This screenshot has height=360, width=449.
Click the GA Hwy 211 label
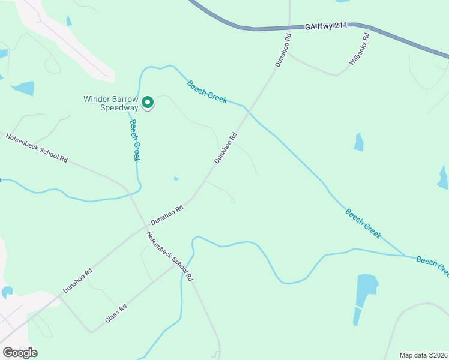point(326,26)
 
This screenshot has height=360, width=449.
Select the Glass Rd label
point(116,313)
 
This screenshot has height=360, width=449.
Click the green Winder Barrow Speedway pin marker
point(147,103)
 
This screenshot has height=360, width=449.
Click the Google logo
point(20,352)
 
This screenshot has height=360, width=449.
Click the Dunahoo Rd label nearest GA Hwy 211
point(283,49)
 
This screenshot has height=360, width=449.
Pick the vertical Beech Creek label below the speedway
point(135,140)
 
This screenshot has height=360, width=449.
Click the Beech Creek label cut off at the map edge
point(432,266)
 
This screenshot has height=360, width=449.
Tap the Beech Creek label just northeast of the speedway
point(207,92)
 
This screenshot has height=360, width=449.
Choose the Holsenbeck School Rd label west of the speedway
point(37,147)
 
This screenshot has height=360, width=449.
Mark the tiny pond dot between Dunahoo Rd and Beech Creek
point(176,178)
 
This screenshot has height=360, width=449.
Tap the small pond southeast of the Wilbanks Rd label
point(358,142)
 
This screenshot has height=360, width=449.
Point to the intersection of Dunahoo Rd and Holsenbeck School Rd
point(146,227)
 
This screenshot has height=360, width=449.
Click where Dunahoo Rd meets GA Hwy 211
point(289,28)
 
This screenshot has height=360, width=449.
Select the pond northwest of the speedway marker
point(24,89)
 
